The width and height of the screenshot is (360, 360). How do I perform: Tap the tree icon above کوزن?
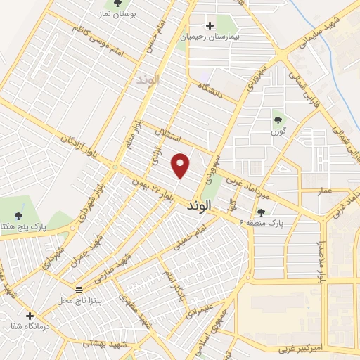coord(277,120)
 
